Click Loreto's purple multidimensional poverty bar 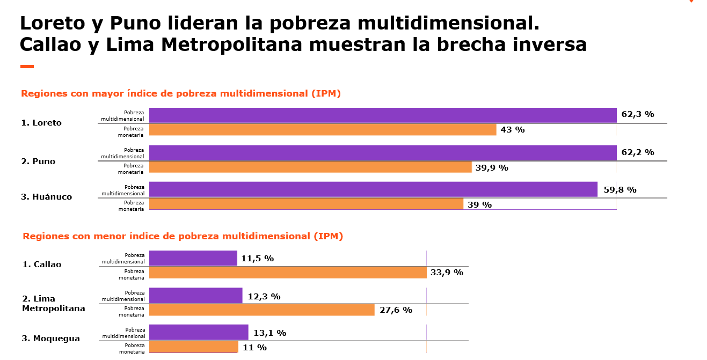coord(382,115)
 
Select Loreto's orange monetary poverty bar coord(322,130)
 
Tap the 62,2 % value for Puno coord(637,152)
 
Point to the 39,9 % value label coord(491,168)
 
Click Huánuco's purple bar coord(373,189)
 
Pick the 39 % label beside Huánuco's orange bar coord(479,204)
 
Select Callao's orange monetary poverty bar coord(287,273)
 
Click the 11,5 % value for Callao coord(257,259)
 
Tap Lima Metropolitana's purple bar coord(195,295)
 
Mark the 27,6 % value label coord(396,310)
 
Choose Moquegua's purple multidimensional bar coord(199,332)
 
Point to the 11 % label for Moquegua coord(254,348)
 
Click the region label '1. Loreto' coord(41,123)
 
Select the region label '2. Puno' coord(38,161)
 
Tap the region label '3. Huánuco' coord(46,197)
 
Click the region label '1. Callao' coord(42,265)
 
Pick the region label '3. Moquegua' coord(51,339)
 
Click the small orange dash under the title coord(27,67)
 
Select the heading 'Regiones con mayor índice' coord(181,93)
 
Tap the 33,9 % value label coord(447,273)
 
